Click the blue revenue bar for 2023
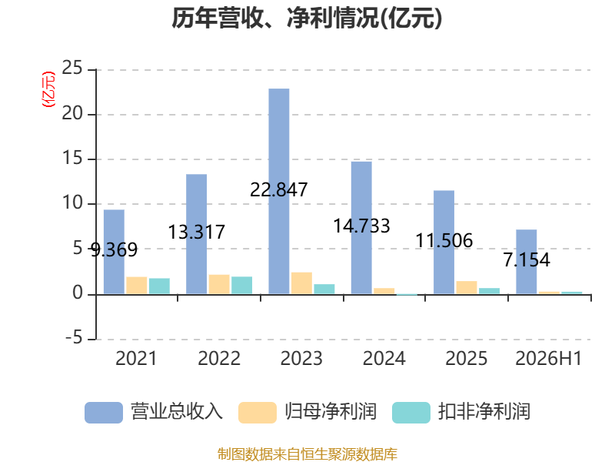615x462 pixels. click(x=279, y=191)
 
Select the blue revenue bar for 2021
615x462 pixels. click(x=114, y=252)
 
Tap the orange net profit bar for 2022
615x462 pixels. click(x=219, y=284)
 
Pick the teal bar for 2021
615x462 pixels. click(x=159, y=286)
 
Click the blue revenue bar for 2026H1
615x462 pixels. click(x=527, y=262)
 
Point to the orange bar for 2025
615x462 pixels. click(x=467, y=287)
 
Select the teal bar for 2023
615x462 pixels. click(x=324, y=290)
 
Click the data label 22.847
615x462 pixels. click(x=279, y=190)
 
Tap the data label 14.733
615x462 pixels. click(x=361, y=226)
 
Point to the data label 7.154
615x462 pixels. click(x=527, y=260)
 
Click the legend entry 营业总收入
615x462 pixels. click(x=154, y=412)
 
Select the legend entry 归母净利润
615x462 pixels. click(x=307, y=412)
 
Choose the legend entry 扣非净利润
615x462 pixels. click(x=461, y=412)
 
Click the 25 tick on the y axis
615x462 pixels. click(x=72, y=69)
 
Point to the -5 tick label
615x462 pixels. click(x=74, y=338)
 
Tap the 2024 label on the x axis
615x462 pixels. click(x=384, y=358)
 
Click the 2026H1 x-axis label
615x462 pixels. click(x=548, y=358)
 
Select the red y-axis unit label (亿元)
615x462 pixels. click(x=48, y=89)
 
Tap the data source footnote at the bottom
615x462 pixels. click(x=307, y=454)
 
